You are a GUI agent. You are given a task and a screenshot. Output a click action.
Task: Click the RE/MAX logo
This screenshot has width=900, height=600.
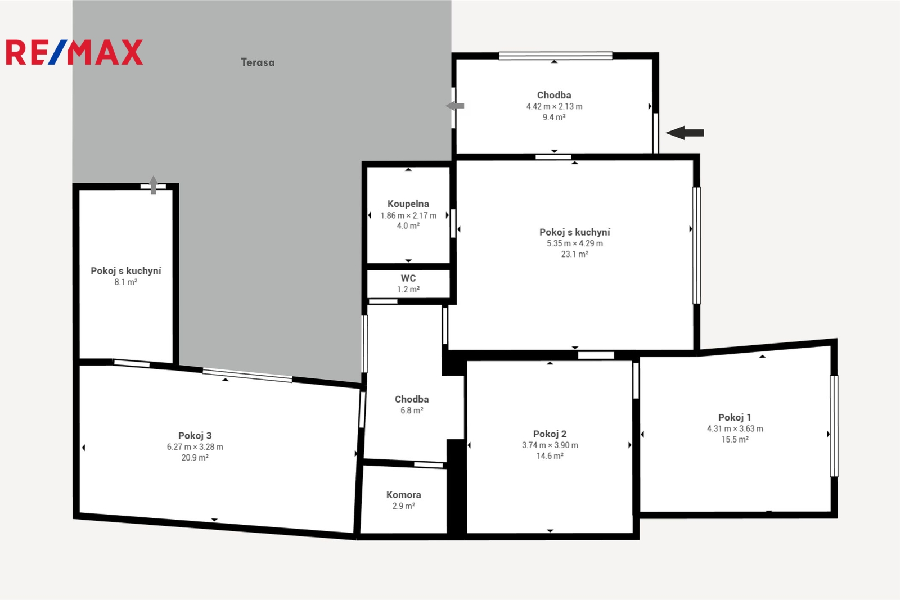point(74,52)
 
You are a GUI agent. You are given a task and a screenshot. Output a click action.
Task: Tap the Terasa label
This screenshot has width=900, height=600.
point(258,62)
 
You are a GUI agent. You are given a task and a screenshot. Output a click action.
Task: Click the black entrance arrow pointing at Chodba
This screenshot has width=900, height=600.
point(685,133)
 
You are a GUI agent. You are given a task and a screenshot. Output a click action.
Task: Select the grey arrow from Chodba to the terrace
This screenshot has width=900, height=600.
point(455,106)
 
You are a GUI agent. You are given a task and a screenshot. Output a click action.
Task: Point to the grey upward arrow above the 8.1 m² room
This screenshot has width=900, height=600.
point(154,185)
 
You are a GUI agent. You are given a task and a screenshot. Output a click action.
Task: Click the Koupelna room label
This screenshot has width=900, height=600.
point(408,204)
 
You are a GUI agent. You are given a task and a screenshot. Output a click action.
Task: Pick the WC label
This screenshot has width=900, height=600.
point(408,278)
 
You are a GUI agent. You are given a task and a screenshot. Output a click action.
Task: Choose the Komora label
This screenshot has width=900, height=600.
point(404,495)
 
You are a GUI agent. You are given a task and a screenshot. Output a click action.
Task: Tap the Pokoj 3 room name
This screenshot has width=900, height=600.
point(195,435)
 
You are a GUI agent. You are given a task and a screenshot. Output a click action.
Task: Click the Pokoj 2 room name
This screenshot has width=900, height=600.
point(550,434)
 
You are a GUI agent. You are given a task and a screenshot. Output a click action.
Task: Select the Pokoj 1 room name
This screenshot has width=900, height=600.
point(735,417)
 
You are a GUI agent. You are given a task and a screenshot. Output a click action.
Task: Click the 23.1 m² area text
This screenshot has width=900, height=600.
point(575,254)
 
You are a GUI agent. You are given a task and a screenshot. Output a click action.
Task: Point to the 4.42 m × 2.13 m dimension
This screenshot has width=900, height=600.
point(555,106)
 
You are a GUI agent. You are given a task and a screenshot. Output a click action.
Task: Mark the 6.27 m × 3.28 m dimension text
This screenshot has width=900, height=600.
point(195,446)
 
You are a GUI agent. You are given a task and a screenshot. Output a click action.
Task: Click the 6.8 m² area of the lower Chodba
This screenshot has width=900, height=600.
point(412,410)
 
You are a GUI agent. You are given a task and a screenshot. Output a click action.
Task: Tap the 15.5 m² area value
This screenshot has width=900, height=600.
point(735,439)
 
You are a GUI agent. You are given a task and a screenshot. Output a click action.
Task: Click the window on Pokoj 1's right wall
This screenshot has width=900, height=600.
point(834,426)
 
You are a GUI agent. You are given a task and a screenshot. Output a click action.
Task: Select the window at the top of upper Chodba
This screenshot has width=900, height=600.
point(556,56)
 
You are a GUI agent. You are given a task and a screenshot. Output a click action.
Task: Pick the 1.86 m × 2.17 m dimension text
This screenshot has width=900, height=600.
point(408,216)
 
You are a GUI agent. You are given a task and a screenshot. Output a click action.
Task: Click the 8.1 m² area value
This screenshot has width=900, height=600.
point(126,282)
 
